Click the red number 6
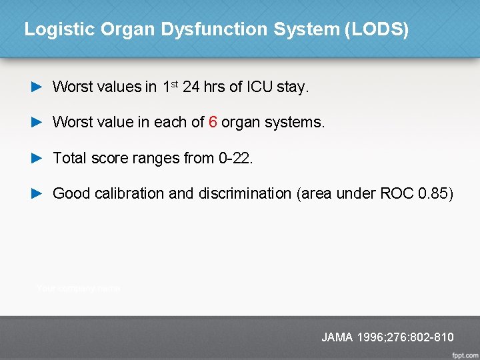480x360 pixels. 213,123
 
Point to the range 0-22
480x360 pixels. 235,158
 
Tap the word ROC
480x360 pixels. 397,193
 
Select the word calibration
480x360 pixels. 129,193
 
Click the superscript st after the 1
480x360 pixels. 174,83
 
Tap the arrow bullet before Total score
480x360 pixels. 37,158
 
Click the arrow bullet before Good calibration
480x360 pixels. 37,193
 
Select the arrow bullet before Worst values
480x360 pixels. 37,87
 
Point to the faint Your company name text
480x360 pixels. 79,288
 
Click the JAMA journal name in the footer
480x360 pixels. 337,337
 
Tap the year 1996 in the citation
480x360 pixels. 370,337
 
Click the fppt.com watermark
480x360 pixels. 463,353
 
